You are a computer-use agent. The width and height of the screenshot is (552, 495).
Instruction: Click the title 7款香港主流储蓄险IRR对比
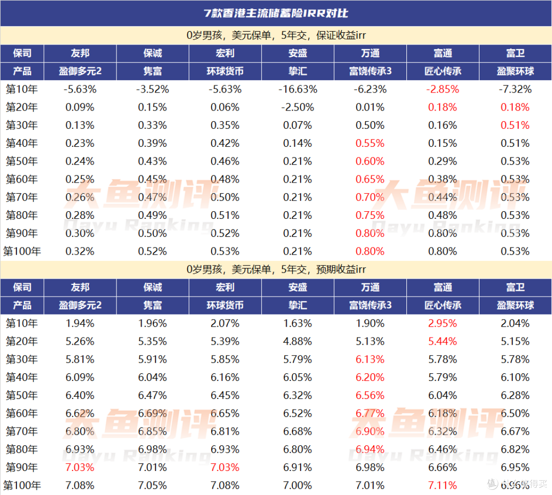276,13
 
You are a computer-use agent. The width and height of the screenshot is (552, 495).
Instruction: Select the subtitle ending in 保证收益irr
276,35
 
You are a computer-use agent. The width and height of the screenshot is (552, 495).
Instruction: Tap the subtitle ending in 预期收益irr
276,269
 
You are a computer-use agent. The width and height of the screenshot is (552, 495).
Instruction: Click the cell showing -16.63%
297,89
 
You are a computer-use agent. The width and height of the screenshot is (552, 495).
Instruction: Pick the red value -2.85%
442,89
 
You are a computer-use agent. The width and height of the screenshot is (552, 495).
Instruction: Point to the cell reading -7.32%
515,89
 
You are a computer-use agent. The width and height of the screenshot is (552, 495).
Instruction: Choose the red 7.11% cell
442,485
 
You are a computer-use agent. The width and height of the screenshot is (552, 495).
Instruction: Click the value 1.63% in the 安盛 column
297,323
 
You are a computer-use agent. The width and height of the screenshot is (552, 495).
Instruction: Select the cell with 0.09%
80,107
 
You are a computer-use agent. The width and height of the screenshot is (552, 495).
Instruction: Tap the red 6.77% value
370,413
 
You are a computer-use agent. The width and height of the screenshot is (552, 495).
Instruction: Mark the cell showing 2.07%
225,323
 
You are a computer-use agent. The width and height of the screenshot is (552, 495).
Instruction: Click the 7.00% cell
297,485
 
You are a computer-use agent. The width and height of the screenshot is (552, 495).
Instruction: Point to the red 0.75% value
370,215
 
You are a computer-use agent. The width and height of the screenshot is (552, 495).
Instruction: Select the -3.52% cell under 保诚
152,89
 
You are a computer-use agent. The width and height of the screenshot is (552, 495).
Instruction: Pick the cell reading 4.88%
297,341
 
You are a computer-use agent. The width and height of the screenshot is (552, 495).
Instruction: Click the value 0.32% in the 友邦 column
80,251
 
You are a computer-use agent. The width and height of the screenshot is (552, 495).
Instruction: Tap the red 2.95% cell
442,323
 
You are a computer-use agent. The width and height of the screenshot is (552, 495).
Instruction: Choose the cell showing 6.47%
152,395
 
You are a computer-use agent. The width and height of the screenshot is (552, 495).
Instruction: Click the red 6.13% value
370,359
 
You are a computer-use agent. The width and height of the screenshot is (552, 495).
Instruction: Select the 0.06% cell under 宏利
225,107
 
